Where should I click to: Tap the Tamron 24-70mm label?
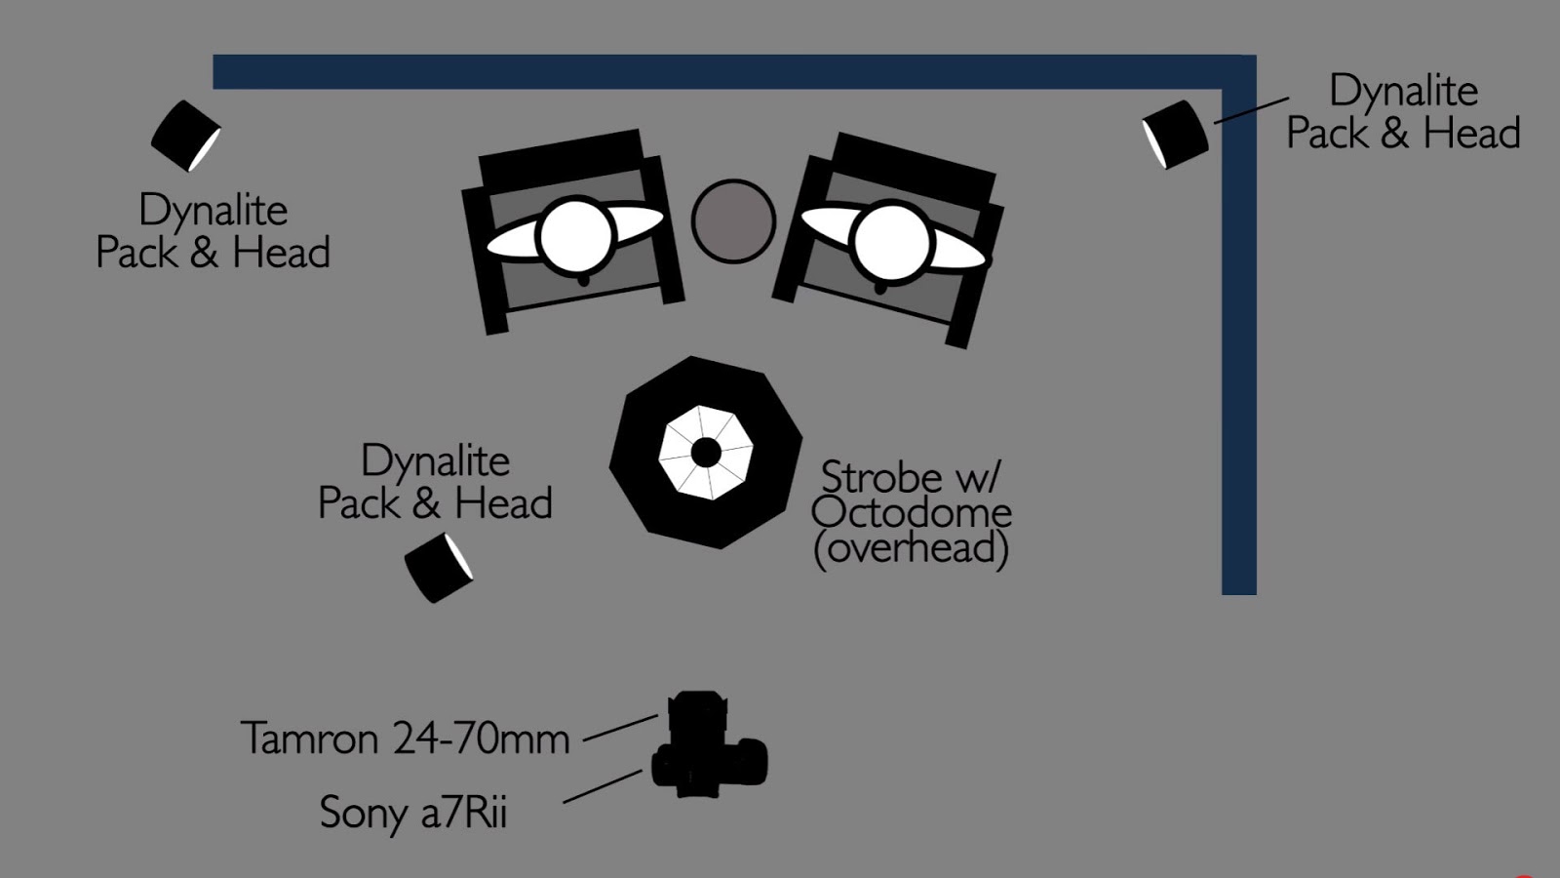pyautogui.click(x=405, y=738)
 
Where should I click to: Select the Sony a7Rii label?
pyautogui.click(x=413, y=813)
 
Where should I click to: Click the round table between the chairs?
pyautogui.click(x=733, y=221)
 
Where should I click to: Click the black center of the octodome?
pyautogui.click(x=706, y=453)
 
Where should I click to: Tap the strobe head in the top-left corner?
pyautogui.click(x=185, y=136)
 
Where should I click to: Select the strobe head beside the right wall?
pyautogui.click(x=1176, y=134)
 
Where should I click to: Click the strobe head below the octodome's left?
pyautogui.click(x=439, y=567)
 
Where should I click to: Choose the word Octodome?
pyautogui.click(x=911, y=513)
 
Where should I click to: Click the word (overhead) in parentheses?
pyautogui.click(x=911, y=548)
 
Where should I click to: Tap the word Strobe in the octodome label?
pyautogui.click(x=880, y=477)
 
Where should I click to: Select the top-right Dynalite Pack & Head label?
pyautogui.click(x=1403, y=111)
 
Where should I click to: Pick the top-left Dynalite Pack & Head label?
pyautogui.click(x=213, y=231)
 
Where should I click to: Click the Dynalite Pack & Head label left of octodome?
pyautogui.click(x=435, y=482)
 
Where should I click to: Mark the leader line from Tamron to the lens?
pyautogui.click(x=620, y=728)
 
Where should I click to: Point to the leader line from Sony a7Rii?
pyautogui.click(x=603, y=786)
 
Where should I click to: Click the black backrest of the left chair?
pyautogui.click(x=560, y=156)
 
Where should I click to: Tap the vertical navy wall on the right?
pyautogui.click(x=1238, y=341)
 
